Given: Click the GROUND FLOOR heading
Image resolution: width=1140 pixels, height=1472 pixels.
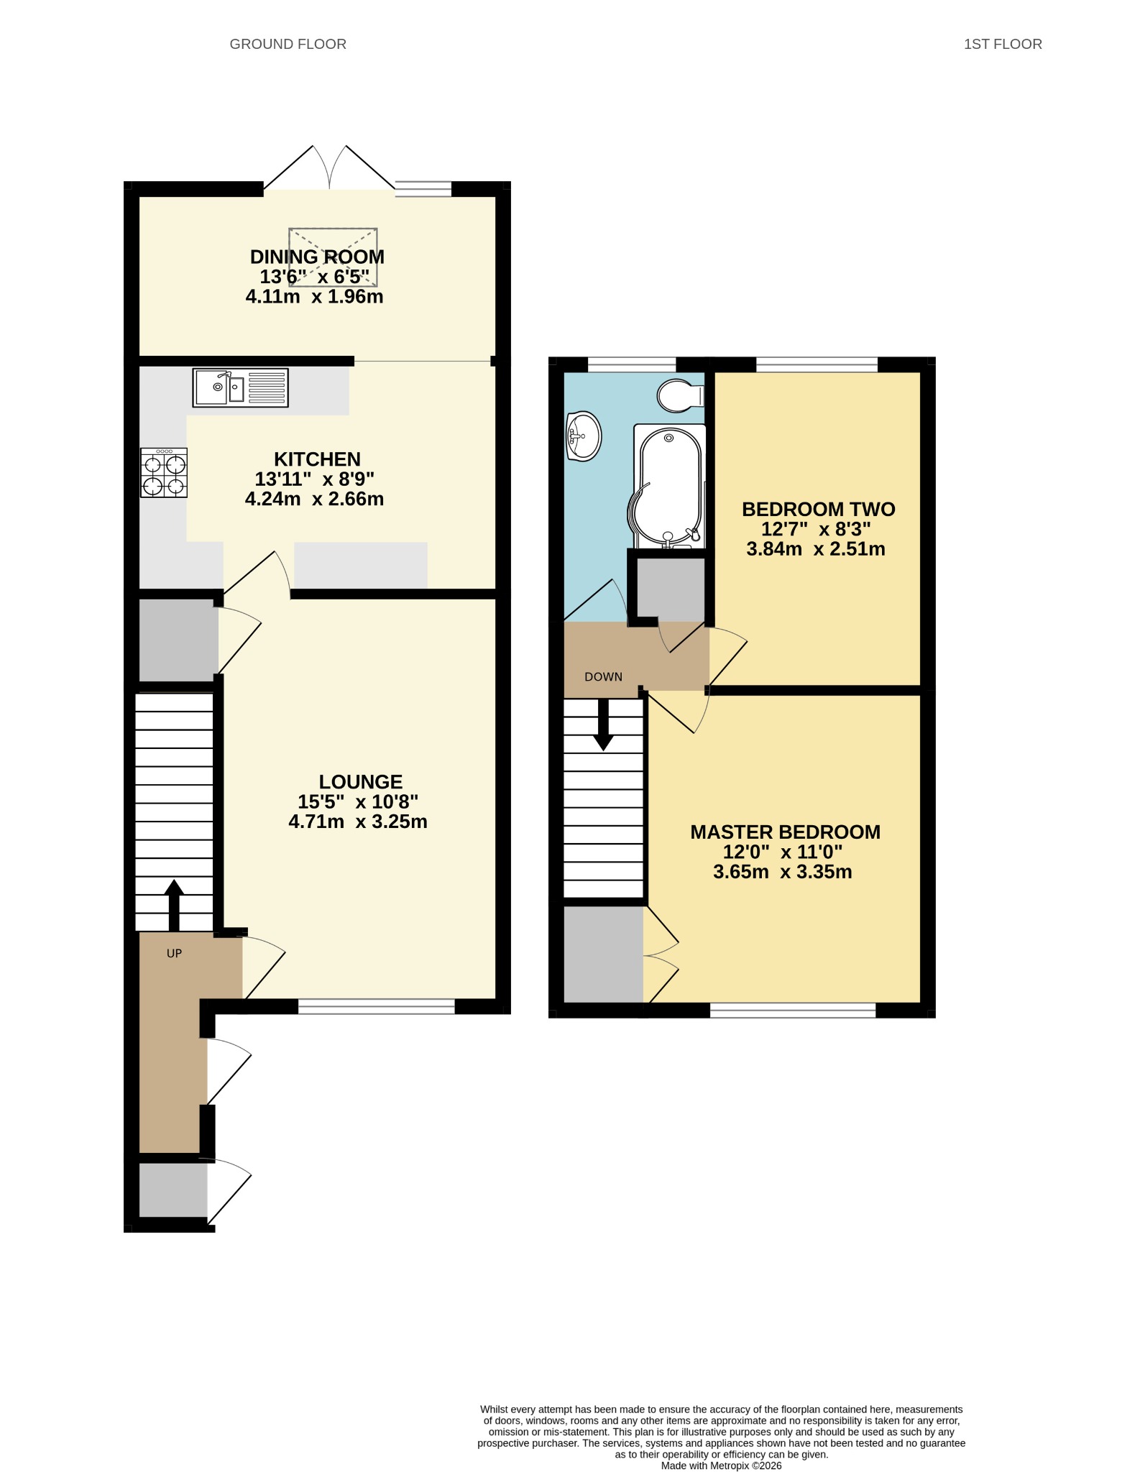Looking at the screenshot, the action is point(288,45).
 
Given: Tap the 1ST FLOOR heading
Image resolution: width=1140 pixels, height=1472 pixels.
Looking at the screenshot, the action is point(1003,45).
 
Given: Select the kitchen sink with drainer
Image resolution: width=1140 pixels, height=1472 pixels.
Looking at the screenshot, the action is point(240,387).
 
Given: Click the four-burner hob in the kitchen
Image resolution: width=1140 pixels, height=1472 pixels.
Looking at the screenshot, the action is point(164,472).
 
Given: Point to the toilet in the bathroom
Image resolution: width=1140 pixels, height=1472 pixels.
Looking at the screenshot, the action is point(680,395).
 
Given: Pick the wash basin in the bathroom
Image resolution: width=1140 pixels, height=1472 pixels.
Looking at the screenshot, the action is point(584,436).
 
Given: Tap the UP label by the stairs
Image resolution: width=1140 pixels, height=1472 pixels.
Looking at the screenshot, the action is point(174,953).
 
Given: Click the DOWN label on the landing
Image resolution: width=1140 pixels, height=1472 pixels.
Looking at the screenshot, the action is point(603,676).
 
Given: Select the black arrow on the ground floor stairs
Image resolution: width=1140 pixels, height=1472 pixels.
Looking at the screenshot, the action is point(174,905).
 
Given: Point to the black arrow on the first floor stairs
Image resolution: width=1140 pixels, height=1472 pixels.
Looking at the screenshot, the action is point(603,724).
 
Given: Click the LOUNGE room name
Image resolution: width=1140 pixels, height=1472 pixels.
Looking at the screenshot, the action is point(361,781).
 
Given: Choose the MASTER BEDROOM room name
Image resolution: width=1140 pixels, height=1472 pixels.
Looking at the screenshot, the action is point(785,832).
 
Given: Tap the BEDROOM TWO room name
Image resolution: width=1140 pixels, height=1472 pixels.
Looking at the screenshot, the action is point(819,509).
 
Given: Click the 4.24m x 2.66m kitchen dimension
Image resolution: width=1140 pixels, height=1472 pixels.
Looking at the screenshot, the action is point(315,499).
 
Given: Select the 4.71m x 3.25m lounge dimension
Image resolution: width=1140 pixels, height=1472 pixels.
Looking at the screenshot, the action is point(358,822).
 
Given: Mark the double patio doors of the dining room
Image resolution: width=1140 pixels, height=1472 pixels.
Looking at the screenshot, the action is point(329,168).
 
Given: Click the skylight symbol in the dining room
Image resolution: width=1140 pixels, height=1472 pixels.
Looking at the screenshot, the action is point(333,257).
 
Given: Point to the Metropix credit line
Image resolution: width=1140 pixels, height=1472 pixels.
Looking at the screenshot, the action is point(721,1466).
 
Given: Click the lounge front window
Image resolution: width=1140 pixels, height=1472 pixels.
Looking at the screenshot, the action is point(377,1006).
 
